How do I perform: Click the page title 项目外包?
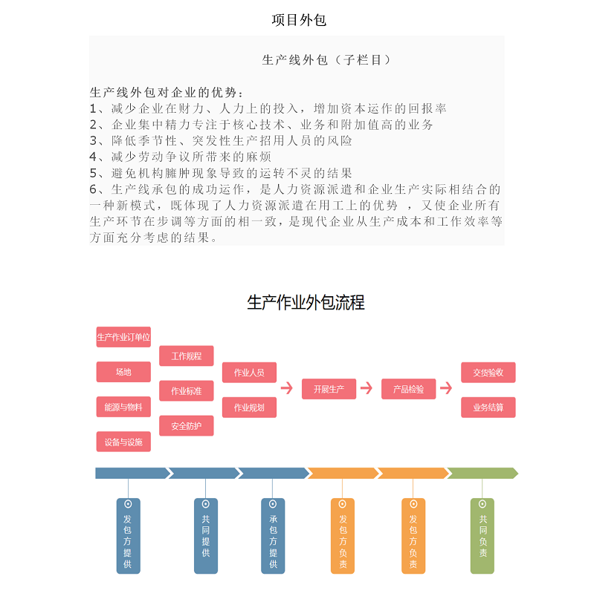coord(299,20)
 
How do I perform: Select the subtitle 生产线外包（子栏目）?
coord(326,60)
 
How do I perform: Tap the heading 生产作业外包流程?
coord(306,303)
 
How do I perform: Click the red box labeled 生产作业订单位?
coord(123,337)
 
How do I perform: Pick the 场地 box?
coord(123,372)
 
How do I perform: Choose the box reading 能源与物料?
coord(123,407)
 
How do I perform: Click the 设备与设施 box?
coord(123,442)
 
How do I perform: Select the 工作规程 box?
coord(187,356)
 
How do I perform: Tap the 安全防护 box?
coord(187,426)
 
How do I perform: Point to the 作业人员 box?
coord(249,373)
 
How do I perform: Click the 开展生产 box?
coord(329,389)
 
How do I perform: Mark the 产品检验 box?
coord(408,389)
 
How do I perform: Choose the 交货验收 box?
coord(488,373)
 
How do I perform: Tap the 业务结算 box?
coord(488,408)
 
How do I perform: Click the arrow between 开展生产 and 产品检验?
coord(367,387)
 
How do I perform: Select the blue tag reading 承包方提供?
coord(273,536)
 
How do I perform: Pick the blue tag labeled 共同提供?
coord(206,536)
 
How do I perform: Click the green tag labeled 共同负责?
coord(482,536)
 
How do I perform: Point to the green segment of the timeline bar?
coord(482,473)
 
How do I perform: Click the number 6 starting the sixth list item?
coord(93,189)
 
